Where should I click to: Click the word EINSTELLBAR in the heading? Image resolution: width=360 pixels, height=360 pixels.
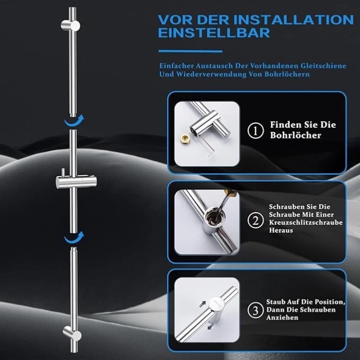(x=214, y=33)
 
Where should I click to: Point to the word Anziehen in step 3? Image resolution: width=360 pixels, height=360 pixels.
(x=283, y=318)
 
